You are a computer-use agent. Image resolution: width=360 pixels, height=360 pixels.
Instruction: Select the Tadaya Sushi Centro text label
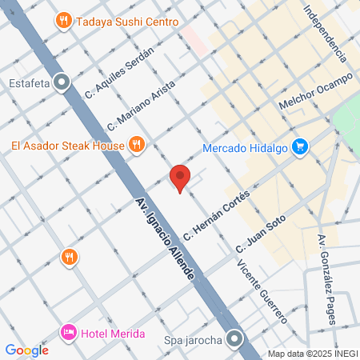pos(127,22)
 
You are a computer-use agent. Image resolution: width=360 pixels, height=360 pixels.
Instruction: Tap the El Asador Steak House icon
pos(137,145)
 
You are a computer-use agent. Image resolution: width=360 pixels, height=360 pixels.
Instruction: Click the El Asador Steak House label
pos(68,145)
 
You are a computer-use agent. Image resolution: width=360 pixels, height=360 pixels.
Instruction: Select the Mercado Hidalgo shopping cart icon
pos(300,146)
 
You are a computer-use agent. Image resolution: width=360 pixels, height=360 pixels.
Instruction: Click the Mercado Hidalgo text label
pos(245,147)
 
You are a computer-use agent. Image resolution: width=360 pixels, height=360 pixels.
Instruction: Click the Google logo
pos(26,350)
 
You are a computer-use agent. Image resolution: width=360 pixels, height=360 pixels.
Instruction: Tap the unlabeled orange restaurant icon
pos(70,256)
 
